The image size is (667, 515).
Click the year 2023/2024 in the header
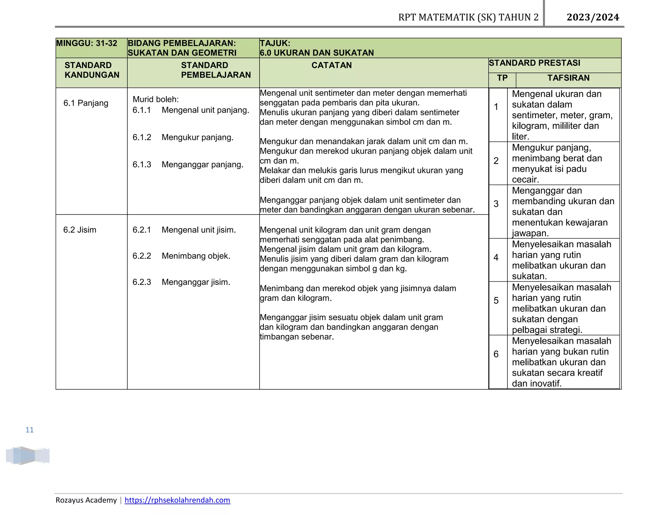(593, 17)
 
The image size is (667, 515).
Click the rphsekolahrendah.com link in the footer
(177, 500)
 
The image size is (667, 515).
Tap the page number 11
(30, 430)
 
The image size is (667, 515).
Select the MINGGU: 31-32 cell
(87, 43)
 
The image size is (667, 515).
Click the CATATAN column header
(332, 65)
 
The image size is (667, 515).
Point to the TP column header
(502, 78)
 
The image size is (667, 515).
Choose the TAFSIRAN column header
(568, 78)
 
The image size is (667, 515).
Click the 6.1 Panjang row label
(86, 103)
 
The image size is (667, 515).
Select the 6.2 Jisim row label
(80, 230)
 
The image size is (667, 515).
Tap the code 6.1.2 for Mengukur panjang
(142, 137)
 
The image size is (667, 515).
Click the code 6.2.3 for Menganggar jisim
(142, 282)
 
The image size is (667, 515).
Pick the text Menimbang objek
(196, 256)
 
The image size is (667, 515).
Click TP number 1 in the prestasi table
(496, 107)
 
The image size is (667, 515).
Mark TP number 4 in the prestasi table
(496, 257)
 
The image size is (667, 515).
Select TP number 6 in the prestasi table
(496, 354)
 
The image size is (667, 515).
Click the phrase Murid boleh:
(156, 99)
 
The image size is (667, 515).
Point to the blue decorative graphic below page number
(27, 455)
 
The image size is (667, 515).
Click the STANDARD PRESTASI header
(534, 63)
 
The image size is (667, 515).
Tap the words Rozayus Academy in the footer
(86, 500)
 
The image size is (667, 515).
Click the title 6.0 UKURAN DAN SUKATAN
(317, 53)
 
